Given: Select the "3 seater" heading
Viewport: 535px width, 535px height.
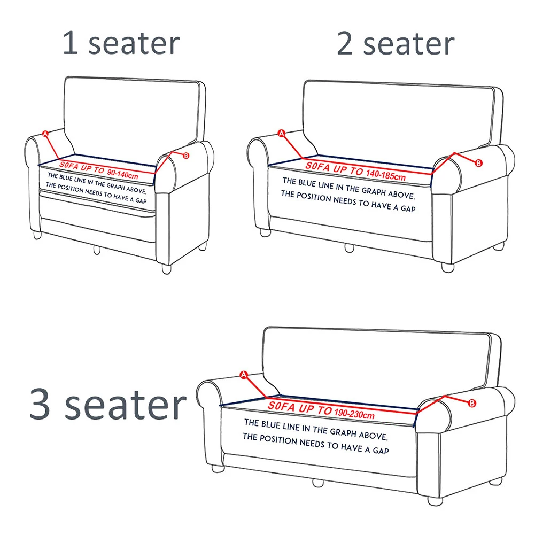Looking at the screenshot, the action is click(108, 404).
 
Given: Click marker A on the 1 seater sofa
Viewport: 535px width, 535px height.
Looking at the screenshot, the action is click(45, 134).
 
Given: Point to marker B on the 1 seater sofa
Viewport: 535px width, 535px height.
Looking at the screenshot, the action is click(186, 156).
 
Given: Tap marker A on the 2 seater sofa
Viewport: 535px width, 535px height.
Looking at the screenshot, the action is click(282, 134).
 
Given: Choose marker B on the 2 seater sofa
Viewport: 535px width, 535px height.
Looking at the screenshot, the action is click(479, 163).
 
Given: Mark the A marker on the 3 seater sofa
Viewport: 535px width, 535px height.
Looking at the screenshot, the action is click(244, 375).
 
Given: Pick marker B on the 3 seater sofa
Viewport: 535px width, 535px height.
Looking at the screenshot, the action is click(472, 404).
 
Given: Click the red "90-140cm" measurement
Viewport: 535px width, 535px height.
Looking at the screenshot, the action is click(123, 174).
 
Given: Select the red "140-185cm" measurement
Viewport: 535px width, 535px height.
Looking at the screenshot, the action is click(385, 175).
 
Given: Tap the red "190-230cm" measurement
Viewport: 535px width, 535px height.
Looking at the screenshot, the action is click(354, 414).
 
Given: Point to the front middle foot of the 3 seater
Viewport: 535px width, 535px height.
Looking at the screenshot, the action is click(317, 483).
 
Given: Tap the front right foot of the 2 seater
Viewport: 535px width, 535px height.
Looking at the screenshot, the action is click(448, 267).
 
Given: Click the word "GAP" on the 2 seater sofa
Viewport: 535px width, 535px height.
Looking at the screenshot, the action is click(408, 208).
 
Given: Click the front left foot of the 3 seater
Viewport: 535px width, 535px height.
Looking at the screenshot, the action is click(218, 468).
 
